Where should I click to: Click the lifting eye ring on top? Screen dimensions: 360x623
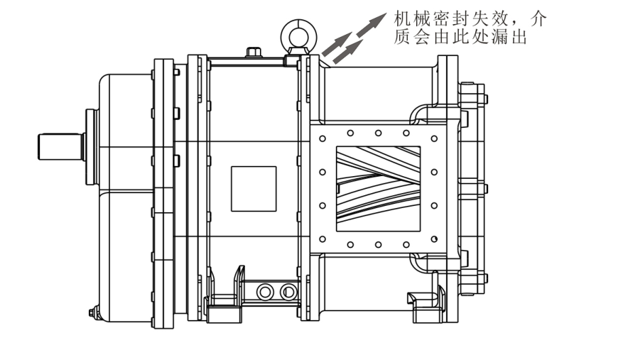(295, 31)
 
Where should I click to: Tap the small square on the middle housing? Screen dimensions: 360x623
(254, 188)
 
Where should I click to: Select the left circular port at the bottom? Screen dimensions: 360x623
(266, 290)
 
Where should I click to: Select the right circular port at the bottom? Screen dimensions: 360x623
(287, 290)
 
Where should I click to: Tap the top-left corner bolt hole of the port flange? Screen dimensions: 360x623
(323, 133)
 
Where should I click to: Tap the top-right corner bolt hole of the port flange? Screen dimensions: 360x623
(433, 133)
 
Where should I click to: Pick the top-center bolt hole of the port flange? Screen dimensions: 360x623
(378, 133)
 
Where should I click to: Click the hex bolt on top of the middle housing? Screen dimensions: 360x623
(253, 52)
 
